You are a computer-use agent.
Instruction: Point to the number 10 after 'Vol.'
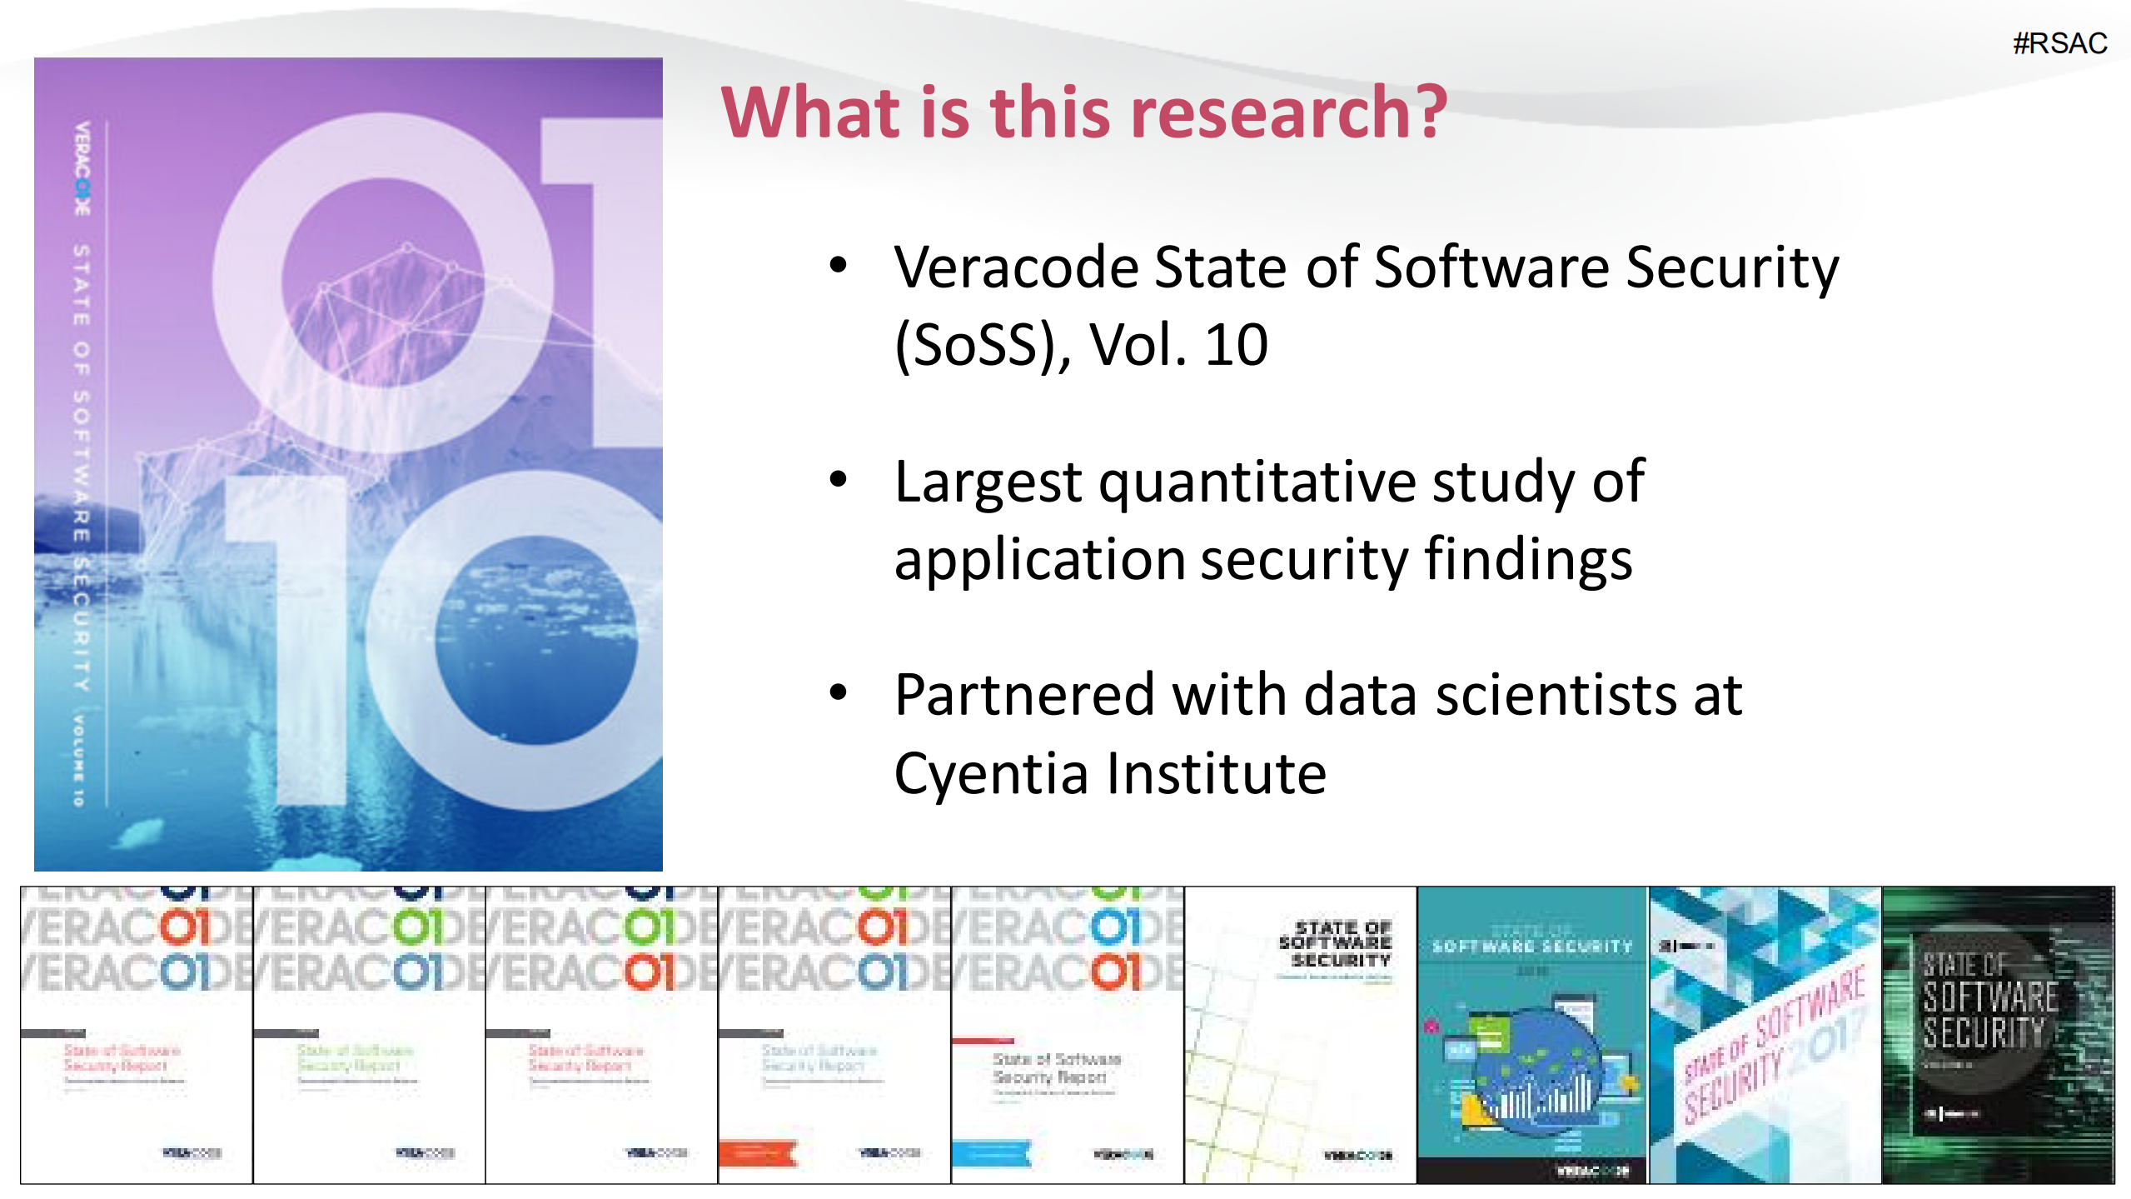tap(1236, 344)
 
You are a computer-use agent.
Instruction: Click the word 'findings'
tap(1529, 560)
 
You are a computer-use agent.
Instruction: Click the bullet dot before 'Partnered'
tap(838, 692)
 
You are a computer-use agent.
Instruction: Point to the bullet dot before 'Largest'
tap(838, 479)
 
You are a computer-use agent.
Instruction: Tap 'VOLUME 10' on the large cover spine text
tap(78, 760)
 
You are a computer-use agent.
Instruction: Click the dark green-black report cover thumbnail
tap(1997, 1035)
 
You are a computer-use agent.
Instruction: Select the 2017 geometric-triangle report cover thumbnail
tap(1764, 1035)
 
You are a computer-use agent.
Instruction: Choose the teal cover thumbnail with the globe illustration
tap(1531, 1035)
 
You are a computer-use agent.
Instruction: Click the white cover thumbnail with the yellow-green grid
tap(1299, 1035)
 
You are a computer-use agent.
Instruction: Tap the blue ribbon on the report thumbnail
tap(991, 1154)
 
